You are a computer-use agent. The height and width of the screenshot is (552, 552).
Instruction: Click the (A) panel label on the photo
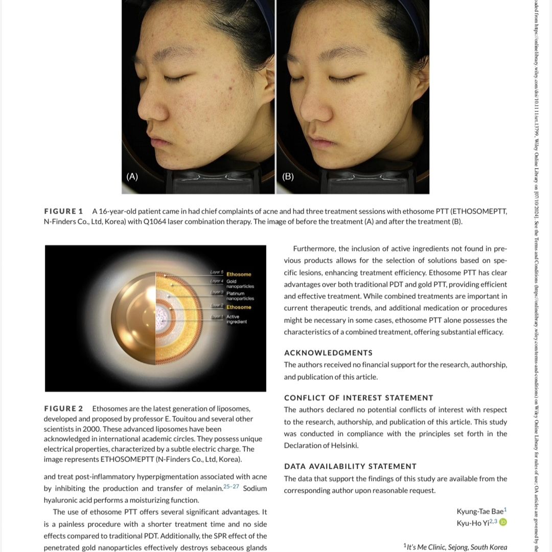(x=132, y=176)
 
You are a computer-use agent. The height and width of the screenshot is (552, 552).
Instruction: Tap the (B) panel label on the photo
(x=288, y=176)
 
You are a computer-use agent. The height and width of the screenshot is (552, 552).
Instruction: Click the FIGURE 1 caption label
(x=63, y=211)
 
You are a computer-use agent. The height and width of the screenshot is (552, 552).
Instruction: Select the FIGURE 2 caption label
(x=63, y=408)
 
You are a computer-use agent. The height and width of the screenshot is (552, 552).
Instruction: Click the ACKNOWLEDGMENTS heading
(x=328, y=353)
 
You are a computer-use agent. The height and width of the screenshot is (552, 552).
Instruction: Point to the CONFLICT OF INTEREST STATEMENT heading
(x=358, y=398)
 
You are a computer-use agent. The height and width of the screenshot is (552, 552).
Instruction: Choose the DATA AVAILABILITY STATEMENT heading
(x=350, y=466)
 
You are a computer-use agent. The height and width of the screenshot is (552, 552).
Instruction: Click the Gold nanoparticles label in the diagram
(x=240, y=284)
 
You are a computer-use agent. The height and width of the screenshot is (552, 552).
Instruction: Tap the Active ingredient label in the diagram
(x=236, y=319)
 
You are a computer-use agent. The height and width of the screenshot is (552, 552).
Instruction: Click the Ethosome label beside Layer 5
(x=239, y=274)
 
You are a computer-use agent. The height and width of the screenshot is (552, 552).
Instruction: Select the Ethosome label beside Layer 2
(x=239, y=307)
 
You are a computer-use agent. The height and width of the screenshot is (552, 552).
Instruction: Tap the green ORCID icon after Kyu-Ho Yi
(x=503, y=522)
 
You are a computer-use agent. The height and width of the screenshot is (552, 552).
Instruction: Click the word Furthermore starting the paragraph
(x=314, y=249)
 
